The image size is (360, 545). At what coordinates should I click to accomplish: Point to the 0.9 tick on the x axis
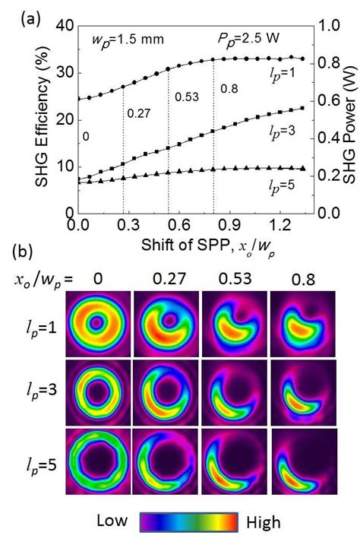pos(229,227)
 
